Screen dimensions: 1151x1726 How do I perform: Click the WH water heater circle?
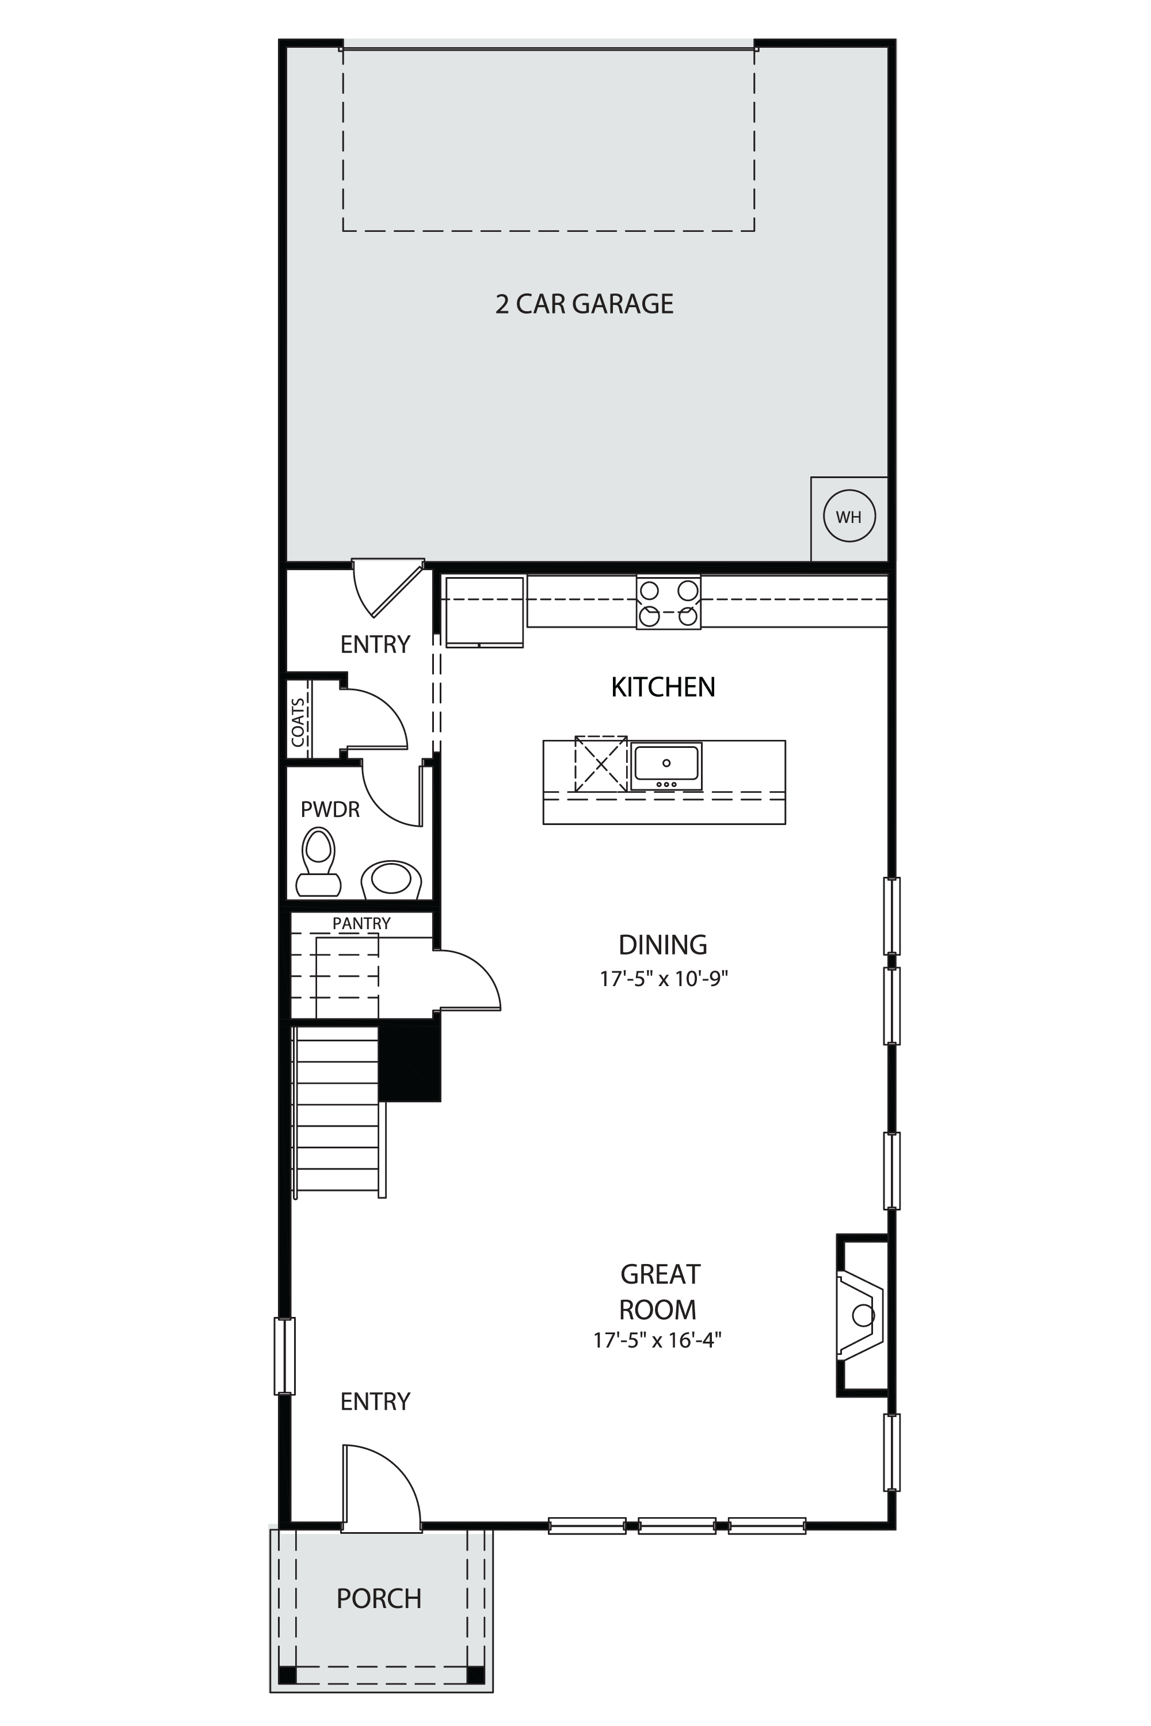[x=849, y=516]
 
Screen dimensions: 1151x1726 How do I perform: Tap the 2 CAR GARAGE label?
[x=584, y=304]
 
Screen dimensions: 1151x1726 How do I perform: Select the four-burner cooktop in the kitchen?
[x=668, y=602]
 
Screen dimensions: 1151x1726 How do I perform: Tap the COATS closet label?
[x=298, y=722]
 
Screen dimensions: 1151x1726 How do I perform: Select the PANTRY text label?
[x=361, y=923]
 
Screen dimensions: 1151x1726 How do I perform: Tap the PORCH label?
[x=379, y=1598]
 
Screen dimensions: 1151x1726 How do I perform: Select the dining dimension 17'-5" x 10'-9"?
[x=664, y=979]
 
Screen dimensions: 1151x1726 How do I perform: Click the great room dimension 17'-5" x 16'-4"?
[x=658, y=1340]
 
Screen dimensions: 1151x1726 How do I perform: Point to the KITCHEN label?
[x=663, y=687]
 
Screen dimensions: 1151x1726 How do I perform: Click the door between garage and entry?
[x=387, y=587]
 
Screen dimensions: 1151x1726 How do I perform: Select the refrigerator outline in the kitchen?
[x=485, y=612]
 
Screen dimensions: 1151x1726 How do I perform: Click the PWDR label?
[x=330, y=809]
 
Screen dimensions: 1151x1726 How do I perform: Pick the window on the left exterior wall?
[x=284, y=1355]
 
